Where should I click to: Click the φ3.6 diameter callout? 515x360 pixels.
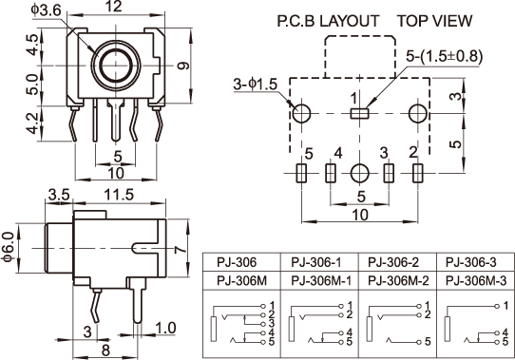point(47,10)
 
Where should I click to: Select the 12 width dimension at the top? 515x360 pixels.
point(115,7)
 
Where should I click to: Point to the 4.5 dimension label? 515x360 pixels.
point(33,45)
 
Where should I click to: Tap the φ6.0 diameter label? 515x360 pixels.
point(9,247)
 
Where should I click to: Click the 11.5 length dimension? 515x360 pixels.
point(119,195)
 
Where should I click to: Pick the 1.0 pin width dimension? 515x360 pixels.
point(165,328)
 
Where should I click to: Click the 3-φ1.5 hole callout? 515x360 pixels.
point(256,85)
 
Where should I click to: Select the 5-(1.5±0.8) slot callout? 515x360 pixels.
point(444,56)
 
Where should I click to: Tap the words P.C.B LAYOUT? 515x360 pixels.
point(328,21)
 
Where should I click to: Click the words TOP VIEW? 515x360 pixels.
point(435,21)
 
